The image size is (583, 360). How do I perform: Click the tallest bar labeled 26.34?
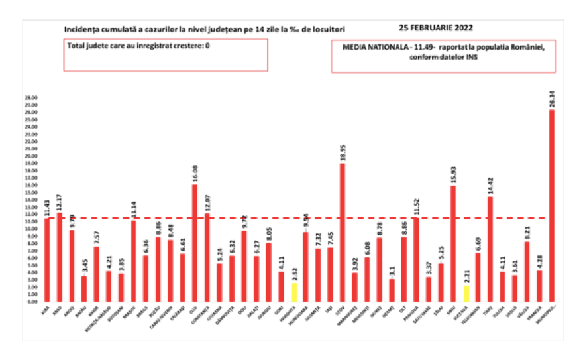point(551,206)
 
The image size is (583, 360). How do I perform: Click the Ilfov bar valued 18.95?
point(342,232)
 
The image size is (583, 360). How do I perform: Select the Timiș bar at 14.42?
point(490,249)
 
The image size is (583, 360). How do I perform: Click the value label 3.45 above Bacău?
point(84,267)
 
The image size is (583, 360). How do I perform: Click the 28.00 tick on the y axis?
point(30,98)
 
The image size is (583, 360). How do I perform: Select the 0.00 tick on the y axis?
point(30,301)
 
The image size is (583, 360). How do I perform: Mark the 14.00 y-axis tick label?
point(30,200)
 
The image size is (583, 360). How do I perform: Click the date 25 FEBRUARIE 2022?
point(436,28)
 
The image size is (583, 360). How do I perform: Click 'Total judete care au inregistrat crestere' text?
point(133,46)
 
